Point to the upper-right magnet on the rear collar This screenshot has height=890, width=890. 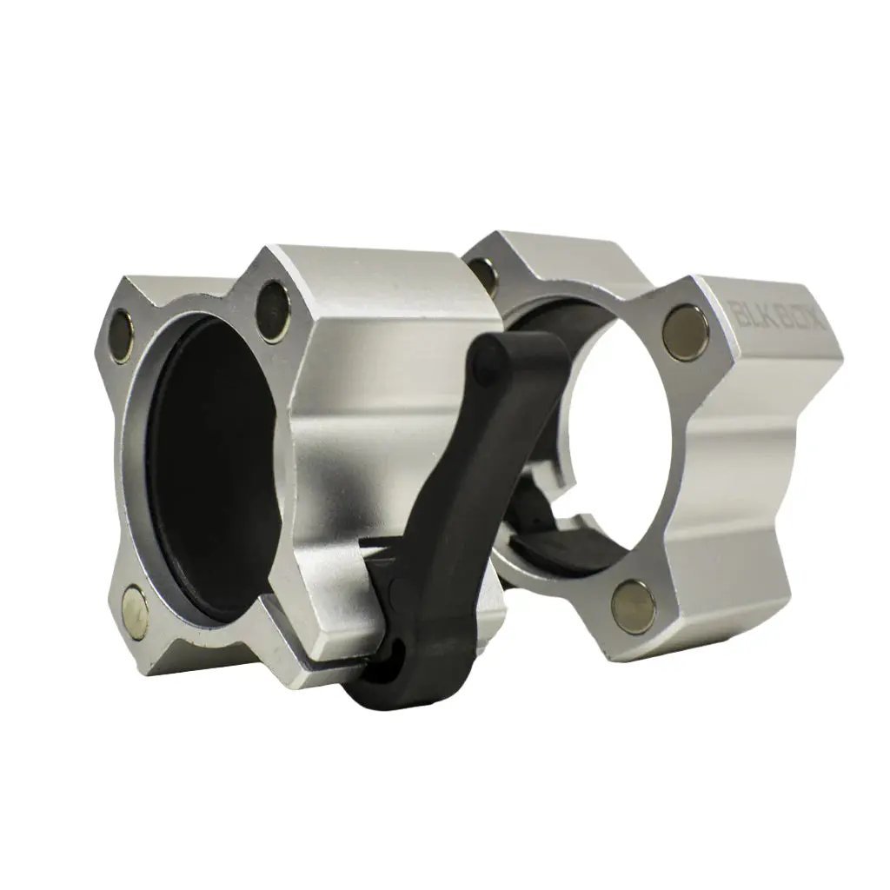tap(686, 332)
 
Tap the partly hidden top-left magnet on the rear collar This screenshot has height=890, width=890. tap(487, 275)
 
